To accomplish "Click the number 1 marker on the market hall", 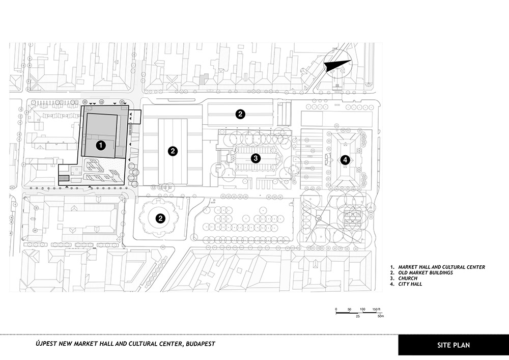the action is click(x=101, y=145).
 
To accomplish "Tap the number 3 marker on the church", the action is click(x=256, y=158).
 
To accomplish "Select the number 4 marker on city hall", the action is click(x=345, y=160).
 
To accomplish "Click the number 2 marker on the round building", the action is click(x=160, y=218).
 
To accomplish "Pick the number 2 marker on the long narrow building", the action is click(x=240, y=114).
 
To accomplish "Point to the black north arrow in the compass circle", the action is click(x=337, y=66).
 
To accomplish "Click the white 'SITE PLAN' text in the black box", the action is click(x=453, y=345).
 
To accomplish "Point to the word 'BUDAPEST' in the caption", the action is click(x=200, y=344).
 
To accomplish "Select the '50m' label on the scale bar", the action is click(x=380, y=316).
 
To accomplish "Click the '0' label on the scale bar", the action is click(x=336, y=310).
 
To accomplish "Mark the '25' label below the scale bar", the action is click(x=358, y=316).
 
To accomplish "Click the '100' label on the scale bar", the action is click(x=362, y=310).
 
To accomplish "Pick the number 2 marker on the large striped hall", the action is click(x=173, y=151).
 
